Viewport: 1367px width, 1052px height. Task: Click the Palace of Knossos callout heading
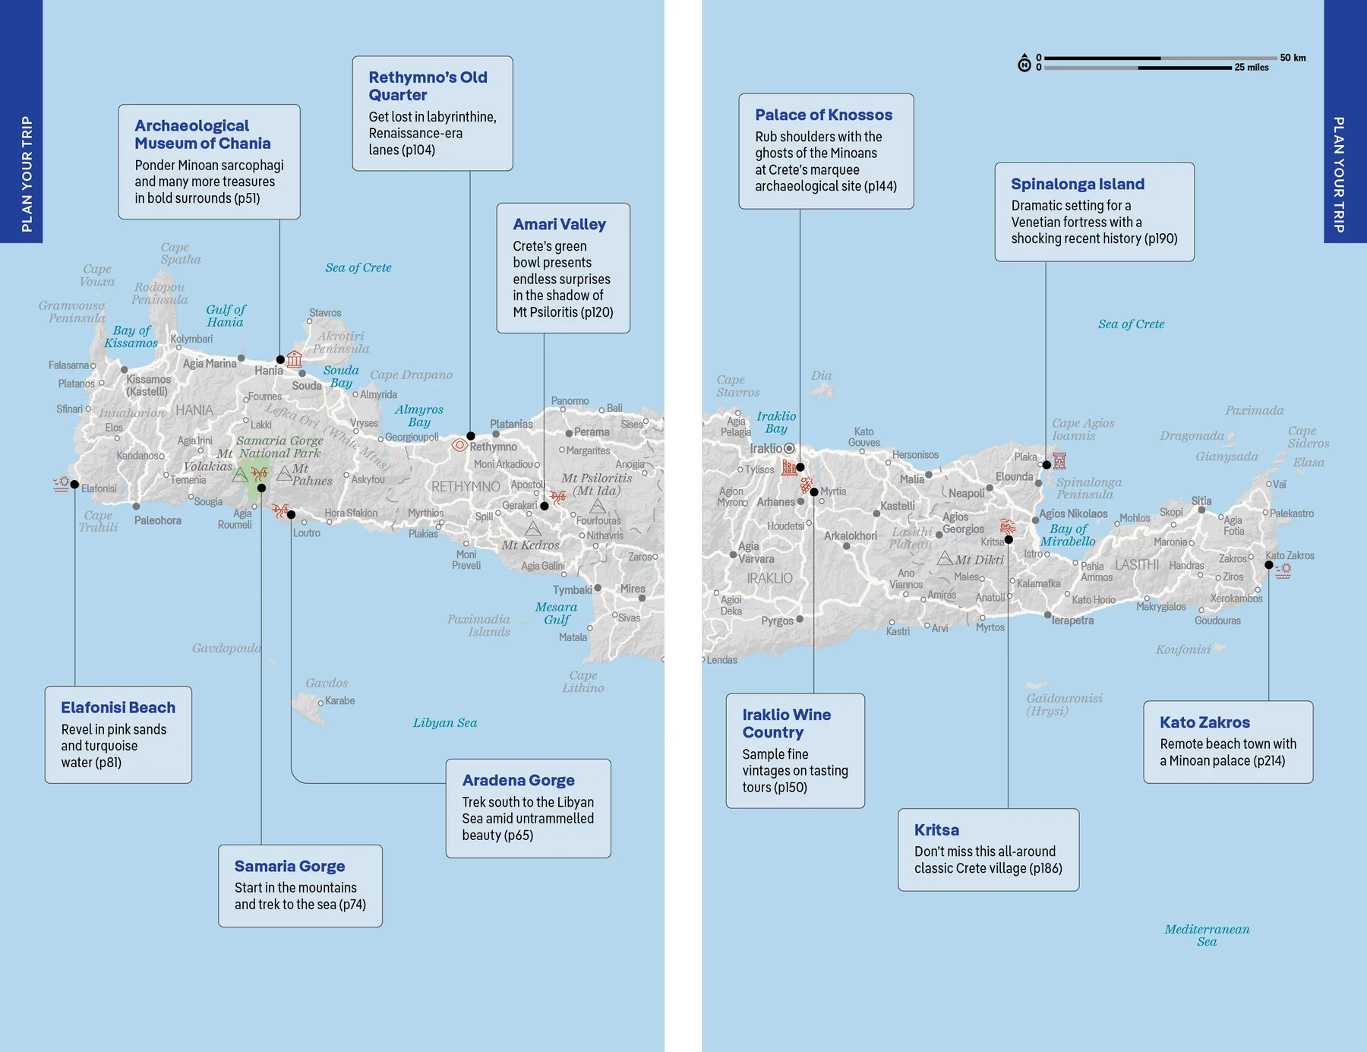(x=823, y=115)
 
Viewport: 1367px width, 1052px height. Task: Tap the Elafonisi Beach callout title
(x=118, y=707)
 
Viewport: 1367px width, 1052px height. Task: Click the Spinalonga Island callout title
(x=1077, y=184)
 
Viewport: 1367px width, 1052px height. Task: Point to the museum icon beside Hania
(x=295, y=359)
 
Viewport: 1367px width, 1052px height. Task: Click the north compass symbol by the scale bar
(x=1024, y=63)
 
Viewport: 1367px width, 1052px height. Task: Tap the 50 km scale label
(x=1293, y=58)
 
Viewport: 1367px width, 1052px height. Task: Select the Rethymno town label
(x=493, y=447)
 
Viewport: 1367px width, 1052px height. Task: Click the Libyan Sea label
(x=445, y=722)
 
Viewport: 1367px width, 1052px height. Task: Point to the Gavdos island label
(x=327, y=683)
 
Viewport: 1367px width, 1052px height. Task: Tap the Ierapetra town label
(x=1072, y=621)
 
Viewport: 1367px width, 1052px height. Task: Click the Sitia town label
(x=1201, y=501)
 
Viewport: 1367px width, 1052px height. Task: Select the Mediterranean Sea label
(x=1207, y=935)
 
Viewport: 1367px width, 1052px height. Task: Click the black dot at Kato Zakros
(x=1268, y=564)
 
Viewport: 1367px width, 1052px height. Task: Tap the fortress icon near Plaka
(x=1060, y=460)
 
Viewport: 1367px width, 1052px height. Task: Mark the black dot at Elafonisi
(x=74, y=485)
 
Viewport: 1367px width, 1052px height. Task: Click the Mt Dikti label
(x=979, y=560)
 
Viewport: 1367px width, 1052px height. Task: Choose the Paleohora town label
(x=157, y=520)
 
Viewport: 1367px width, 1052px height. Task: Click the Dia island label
(x=821, y=375)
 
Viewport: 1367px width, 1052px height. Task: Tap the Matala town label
(x=573, y=637)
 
